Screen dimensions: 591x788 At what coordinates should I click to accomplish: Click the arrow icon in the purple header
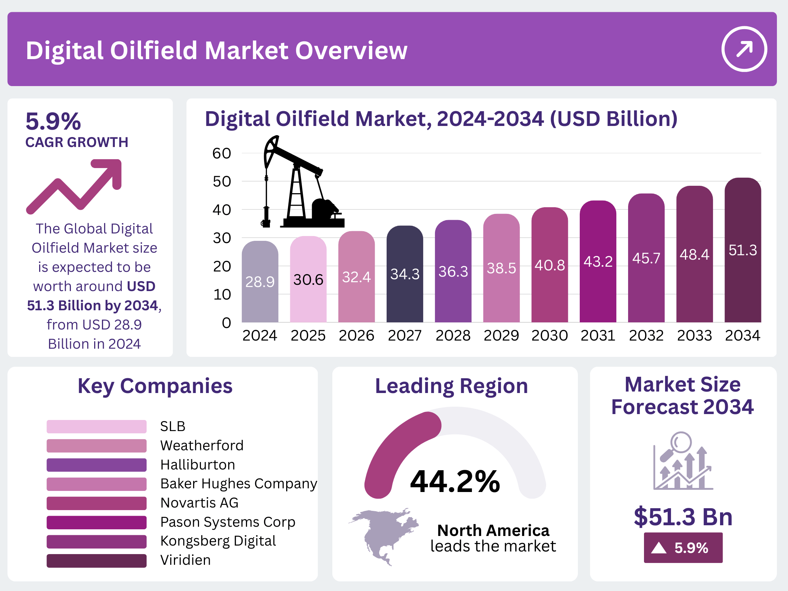[x=744, y=49]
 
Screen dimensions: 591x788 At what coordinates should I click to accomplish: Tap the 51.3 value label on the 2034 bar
[x=743, y=250]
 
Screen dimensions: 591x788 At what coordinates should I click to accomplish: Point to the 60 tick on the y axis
[x=222, y=153]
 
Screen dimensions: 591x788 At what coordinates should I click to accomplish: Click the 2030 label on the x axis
[x=549, y=335]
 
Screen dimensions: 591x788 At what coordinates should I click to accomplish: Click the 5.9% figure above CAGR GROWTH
[x=53, y=121]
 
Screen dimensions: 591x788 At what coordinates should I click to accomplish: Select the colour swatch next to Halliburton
[x=96, y=465]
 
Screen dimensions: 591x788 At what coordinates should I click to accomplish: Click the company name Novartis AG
[x=199, y=503]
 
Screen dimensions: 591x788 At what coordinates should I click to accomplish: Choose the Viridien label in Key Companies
[x=185, y=560]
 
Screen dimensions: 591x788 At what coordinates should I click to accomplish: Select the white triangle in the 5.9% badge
[x=659, y=548]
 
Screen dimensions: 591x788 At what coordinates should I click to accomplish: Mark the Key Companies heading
[x=155, y=386]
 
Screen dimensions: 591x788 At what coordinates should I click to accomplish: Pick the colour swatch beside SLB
[x=96, y=426]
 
